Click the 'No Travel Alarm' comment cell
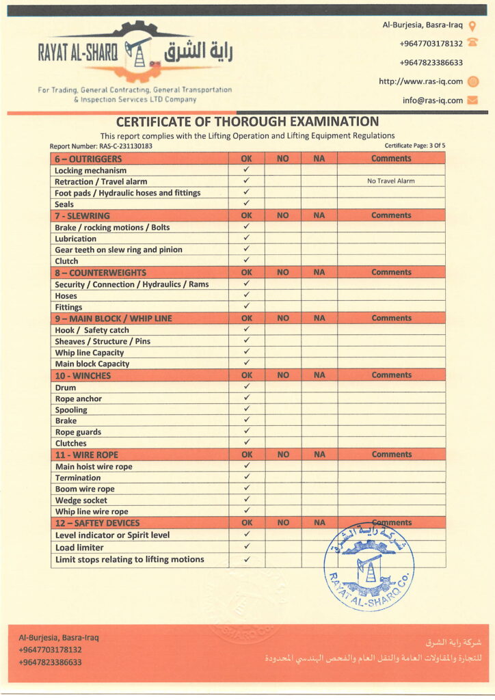tap(390, 181)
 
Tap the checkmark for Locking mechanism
tap(247, 170)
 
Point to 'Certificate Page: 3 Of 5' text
tap(414, 146)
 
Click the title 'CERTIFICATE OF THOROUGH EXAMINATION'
tap(247, 122)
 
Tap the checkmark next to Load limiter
tap(247, 547)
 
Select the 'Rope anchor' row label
tap(78, 399)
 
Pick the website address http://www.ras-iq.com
tap(420, 81)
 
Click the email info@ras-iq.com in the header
tap(432, 100)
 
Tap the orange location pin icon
tap(472, 25)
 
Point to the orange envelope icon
tap(472, 100)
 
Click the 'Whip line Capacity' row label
tap(89, 353)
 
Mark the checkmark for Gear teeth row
tap(247, 250)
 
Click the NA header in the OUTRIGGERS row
tap(319, 159)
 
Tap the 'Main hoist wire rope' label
tap(94, 466)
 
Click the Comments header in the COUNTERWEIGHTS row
tap(391, 272)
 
